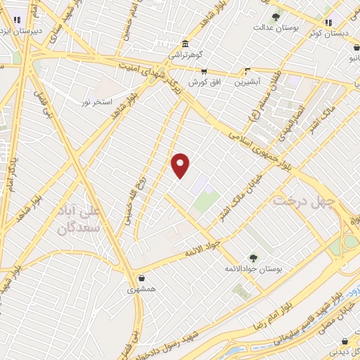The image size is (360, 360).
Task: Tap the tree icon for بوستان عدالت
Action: [275, 18]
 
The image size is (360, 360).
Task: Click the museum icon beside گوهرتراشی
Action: [184, 43]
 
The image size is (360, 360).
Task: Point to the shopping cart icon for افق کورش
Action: [204, 71]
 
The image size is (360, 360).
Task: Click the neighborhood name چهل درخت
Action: [297, 201]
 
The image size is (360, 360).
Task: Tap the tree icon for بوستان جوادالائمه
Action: [252, 258]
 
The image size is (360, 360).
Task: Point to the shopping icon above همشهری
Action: [142, 278]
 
